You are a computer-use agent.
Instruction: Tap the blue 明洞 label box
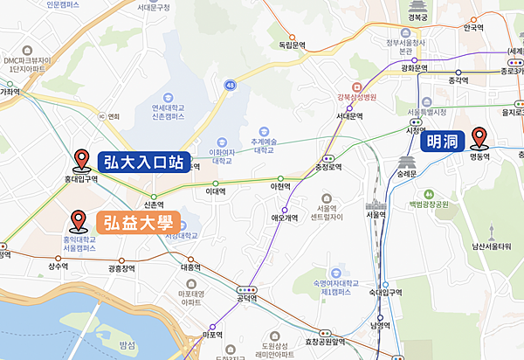point(444,140)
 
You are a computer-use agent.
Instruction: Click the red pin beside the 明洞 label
point(479,137)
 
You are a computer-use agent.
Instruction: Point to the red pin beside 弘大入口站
point(82,159)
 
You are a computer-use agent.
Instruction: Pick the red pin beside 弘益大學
point(79,220)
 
